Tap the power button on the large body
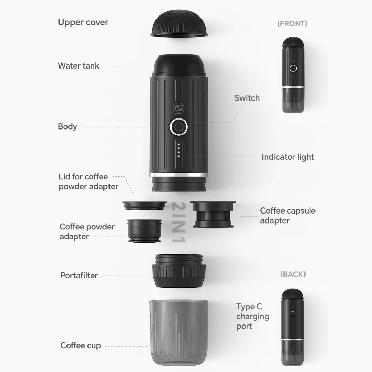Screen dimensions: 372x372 178,127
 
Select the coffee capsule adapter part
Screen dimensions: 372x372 213,214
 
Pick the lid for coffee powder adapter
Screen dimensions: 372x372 144,205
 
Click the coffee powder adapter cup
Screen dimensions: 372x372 145,231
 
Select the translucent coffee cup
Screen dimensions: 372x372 179,332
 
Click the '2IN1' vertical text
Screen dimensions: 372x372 179,222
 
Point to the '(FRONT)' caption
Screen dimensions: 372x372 292,24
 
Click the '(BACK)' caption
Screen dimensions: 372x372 293,274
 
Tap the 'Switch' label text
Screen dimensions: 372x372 247,98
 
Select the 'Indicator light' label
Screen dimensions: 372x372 288,157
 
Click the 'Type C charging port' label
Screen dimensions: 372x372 252,316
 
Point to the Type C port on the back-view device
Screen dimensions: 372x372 292,313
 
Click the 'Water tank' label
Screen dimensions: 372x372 79,66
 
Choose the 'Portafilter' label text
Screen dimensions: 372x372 79,276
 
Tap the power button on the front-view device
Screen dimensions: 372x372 293,68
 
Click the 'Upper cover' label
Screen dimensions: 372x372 83,22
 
